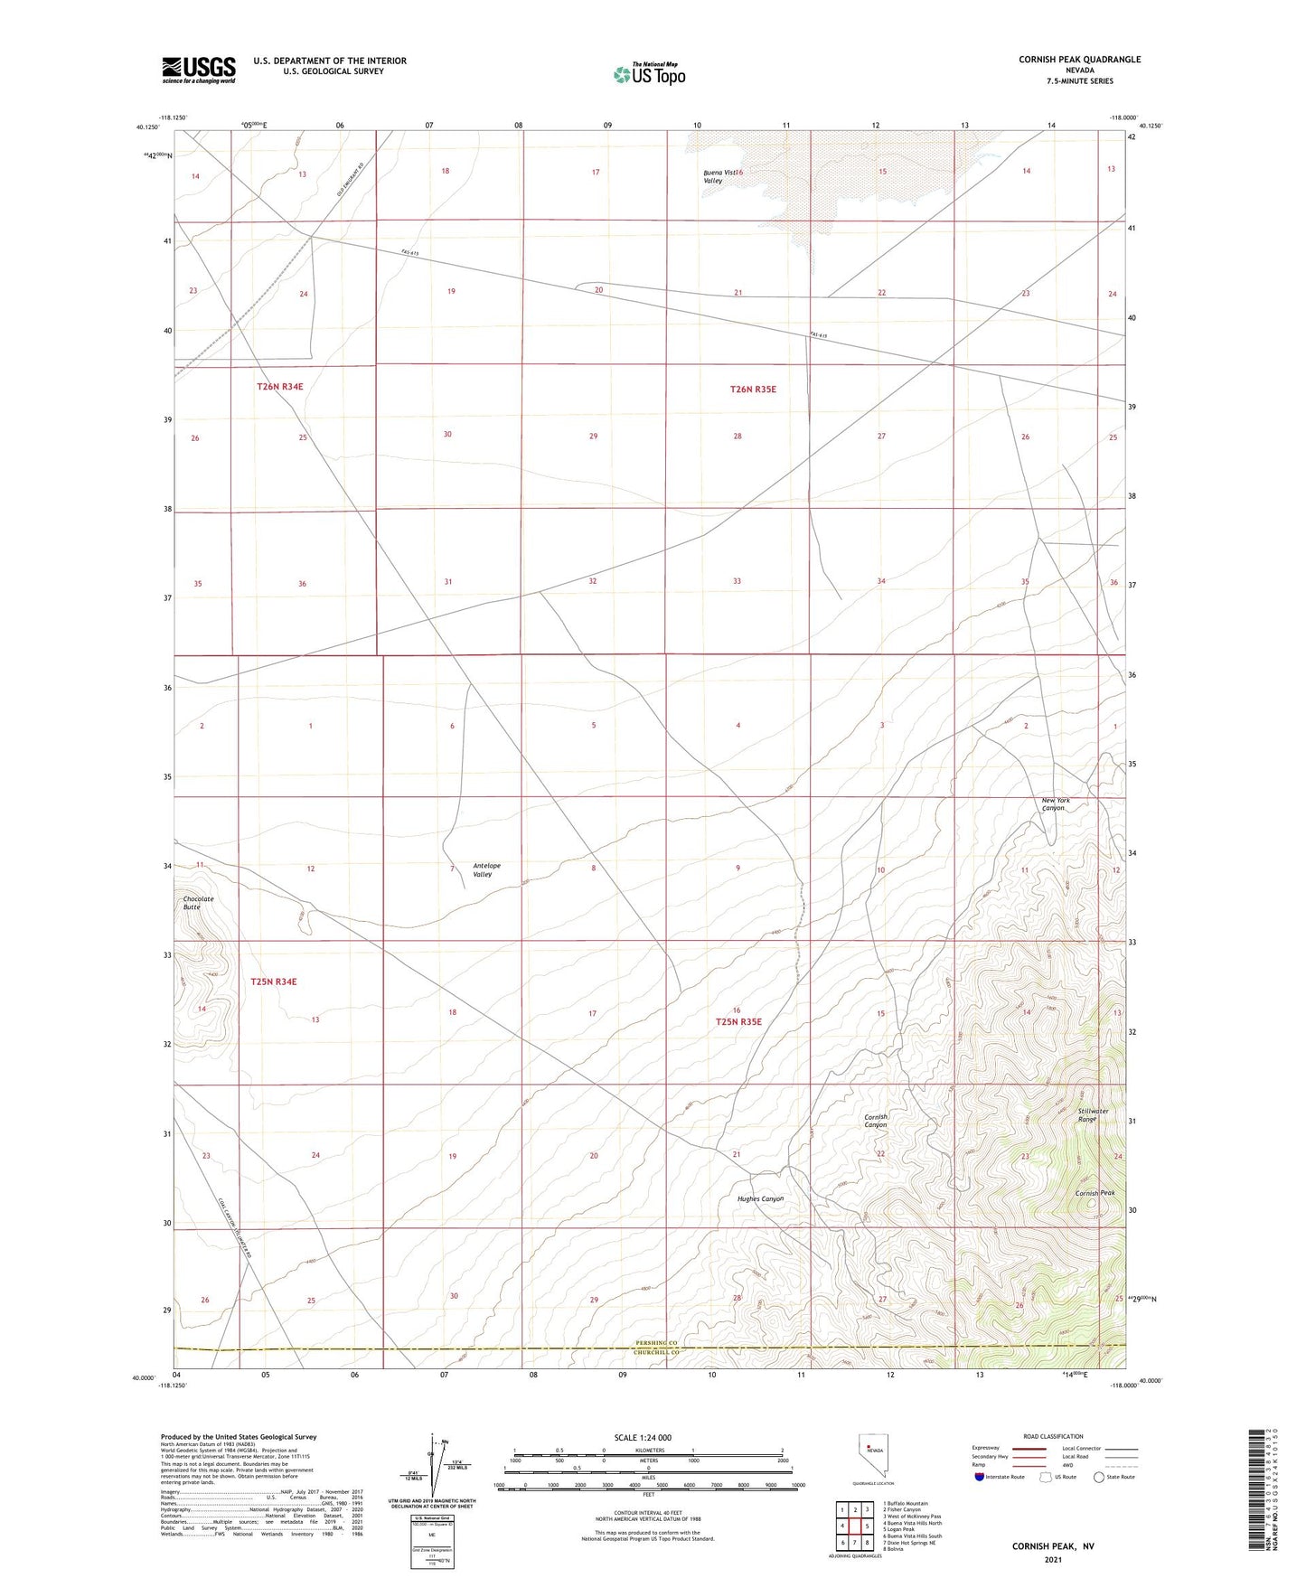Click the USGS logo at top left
pos(199,70)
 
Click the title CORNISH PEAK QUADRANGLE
pos(1079,60)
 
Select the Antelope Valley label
pos(486,869)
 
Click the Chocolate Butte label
pos(198,902)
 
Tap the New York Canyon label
pos(1055,803)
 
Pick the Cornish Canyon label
pos(876,1121)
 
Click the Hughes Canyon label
pos(760,1198)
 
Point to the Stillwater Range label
pos(1093,1114)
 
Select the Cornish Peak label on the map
pos(1095,1193)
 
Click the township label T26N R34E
pos(279,386)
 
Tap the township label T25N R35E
pos(738,1022)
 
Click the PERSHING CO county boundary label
pos(655,1343)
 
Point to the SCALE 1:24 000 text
pos(643,1437)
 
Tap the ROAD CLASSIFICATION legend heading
pos(1054,1436)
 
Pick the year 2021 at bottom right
pos(1052,1560)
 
